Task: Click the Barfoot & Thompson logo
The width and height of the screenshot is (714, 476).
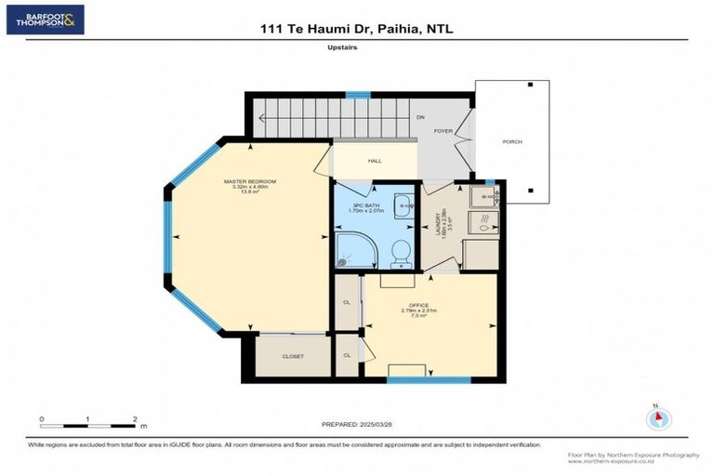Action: [45, 20]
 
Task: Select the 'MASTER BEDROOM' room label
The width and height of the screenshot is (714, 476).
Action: [249, 181]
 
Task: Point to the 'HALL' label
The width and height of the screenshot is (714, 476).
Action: [375, 161]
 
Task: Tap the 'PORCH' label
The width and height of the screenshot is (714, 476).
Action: [511, 141]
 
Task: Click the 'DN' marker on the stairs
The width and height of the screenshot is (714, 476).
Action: [420, 117]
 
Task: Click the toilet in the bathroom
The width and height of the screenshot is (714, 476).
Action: [402, 252]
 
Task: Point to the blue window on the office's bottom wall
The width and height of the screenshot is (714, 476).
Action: [416, 379]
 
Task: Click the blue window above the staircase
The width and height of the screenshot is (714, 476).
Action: [358, 94]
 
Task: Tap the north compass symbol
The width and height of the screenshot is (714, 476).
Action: [659, 418]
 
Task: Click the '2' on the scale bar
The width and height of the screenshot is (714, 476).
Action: [135, 420]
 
